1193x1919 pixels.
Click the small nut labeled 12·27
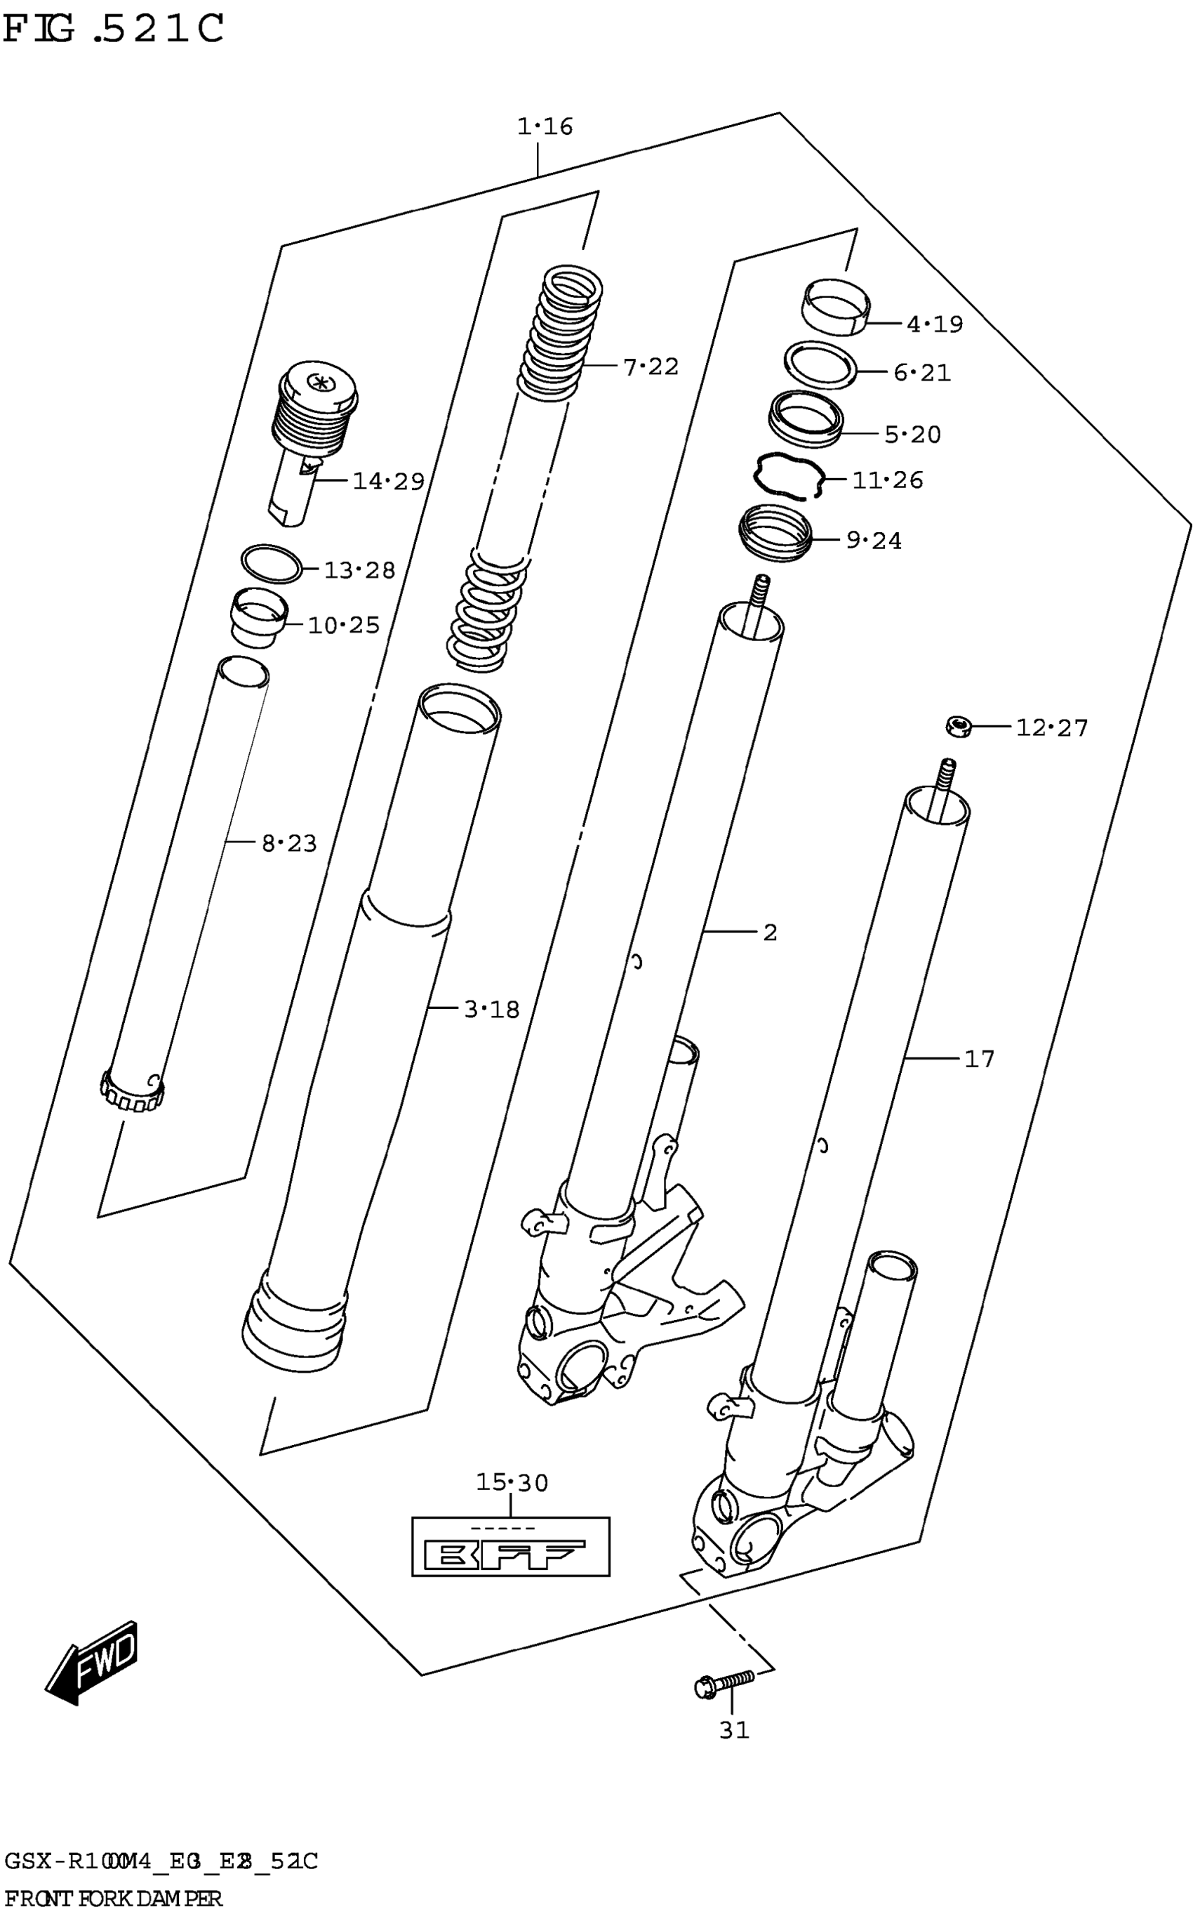[x=958, y=725]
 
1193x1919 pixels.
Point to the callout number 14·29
[x=388, y=481]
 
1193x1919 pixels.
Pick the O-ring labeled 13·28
[x=272, y=563]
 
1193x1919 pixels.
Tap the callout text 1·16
[x=545, y=126]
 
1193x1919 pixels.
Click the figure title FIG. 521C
[x=114, y=29]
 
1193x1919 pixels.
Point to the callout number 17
[x=979, y=1059]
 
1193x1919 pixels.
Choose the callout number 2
[x=770, y=932]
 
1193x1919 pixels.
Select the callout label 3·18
[x=491, y=1009]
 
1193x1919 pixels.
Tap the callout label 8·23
[x=289, y=844]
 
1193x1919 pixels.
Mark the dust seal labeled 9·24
[x=776, y=533]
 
